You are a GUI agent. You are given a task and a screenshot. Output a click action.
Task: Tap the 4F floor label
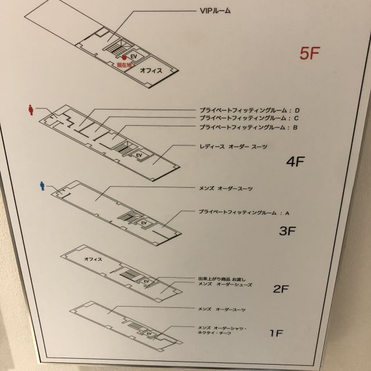[295, 162]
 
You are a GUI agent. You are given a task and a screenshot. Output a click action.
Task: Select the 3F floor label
[288, 231]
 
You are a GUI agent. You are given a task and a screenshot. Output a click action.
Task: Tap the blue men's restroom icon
[41, 185]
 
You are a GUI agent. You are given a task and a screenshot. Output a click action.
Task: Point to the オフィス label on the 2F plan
[93, 259]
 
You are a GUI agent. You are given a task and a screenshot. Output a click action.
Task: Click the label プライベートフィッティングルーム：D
[249, 110]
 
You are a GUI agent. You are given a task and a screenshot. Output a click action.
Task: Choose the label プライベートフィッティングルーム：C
[249, 118]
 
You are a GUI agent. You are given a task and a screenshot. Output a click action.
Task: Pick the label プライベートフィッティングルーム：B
[249, 127]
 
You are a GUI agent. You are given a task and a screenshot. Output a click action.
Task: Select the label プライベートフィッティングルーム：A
[243, 213]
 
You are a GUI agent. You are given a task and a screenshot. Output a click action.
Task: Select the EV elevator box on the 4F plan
[139, 155]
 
